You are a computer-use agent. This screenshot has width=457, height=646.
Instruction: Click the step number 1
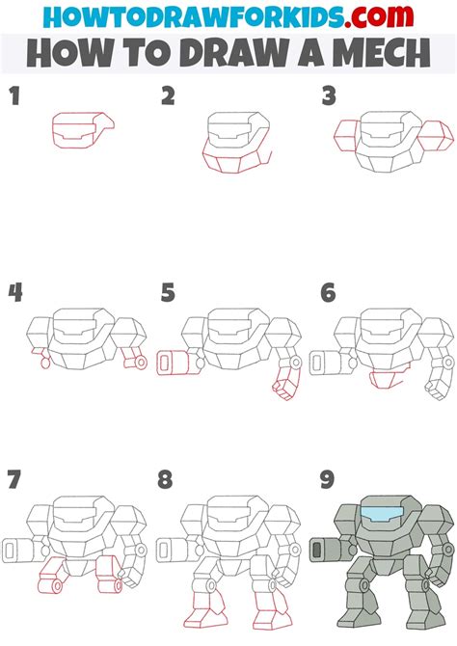pyautogui.click(x=13, y=95)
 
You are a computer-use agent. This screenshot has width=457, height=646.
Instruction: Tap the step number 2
pyautogui.click(x=168, y=95)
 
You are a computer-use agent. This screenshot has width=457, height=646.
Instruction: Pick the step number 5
pyautogui.click(x=168, y=291)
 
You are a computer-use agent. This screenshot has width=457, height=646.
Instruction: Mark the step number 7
pyautogui.click(x=13, y=479)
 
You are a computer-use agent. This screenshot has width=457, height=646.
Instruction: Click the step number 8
pyautogui.click(x=168, y=479)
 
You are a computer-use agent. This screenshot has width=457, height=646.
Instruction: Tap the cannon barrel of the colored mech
pyautogui.click(x=323, y=551)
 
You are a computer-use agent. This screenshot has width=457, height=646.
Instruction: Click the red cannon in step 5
pyautogui.click(x=172, y=363)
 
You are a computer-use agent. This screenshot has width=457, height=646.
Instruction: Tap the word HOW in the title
pyautogui.click(x=62, y=53)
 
